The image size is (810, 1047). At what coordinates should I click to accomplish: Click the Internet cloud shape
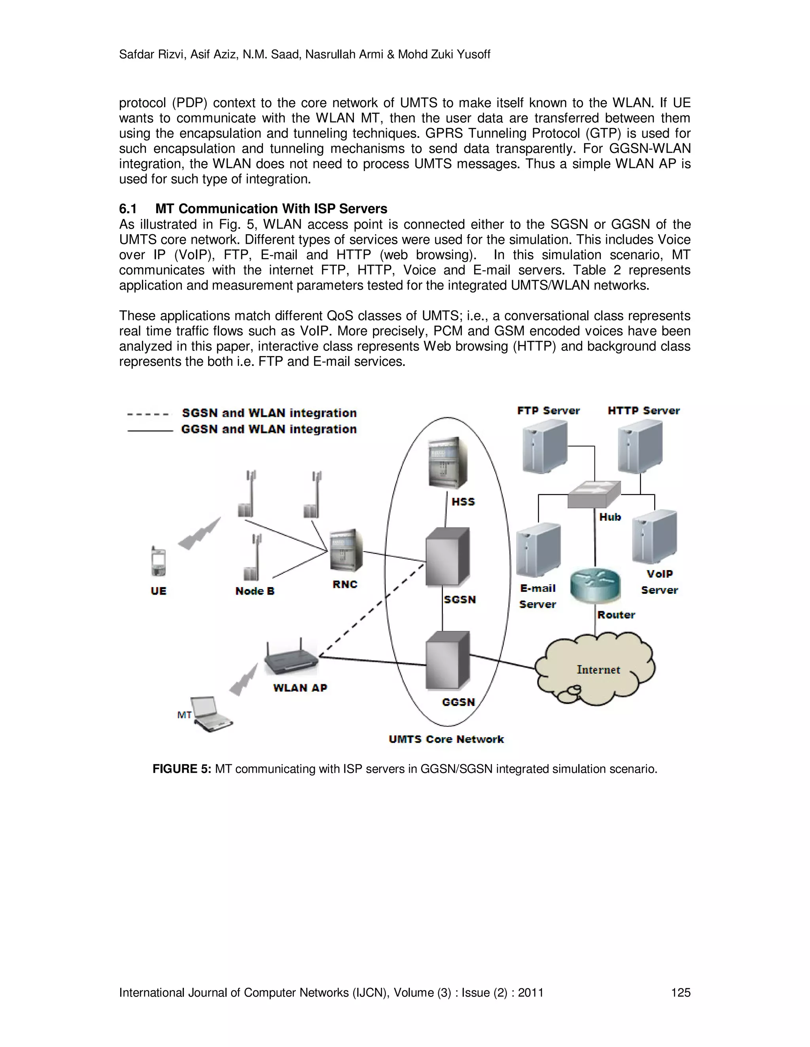coord(595,669)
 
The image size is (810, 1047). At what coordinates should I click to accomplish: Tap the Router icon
coord(595,586)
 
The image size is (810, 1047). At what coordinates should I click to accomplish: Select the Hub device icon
coord(594,495)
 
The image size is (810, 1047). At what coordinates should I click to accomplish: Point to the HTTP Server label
coord(643,411)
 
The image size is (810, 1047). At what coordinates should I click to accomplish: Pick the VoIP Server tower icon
coord(655,537)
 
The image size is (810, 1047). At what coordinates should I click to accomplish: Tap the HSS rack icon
coord(447,462)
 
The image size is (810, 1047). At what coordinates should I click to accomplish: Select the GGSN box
coord(447,661)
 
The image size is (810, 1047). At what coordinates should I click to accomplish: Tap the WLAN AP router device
coord(291,659)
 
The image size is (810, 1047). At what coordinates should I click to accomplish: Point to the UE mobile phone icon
coord(158,562)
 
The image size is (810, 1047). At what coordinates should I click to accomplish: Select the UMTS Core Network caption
coord(446,739)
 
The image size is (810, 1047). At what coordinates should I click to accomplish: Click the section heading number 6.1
coord(128,209)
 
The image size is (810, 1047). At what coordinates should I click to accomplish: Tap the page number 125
coord(680,992)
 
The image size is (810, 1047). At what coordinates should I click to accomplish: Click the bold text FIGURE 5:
coord(182,769)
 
